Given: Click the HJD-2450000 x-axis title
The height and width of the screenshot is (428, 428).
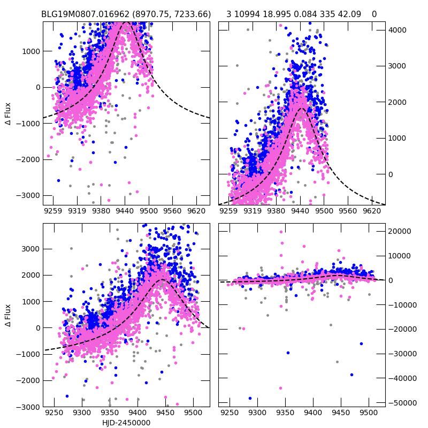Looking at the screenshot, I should click(126, 423).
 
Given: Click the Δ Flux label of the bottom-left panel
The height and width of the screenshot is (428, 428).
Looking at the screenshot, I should click(8, 315).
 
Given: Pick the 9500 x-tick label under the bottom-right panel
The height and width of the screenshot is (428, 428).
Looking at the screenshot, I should click(368, 414).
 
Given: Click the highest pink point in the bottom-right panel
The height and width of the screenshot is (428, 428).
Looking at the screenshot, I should click(281, 232).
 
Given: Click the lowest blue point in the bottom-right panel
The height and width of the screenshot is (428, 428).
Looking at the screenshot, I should click(250, 398).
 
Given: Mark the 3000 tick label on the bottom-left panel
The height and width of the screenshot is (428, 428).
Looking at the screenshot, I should click(30, 249).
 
